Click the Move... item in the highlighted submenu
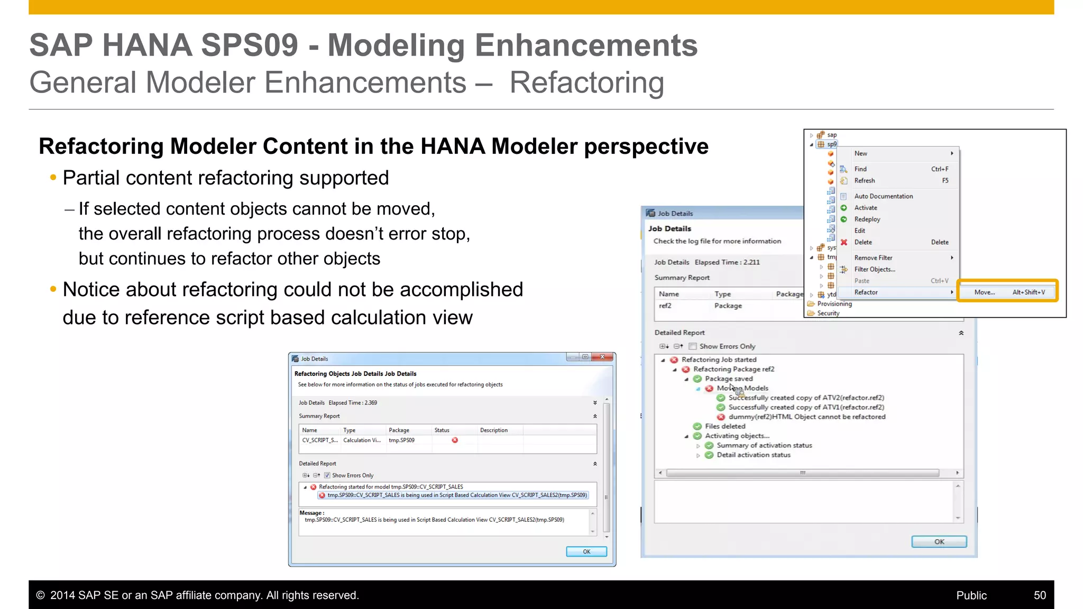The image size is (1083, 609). point(984,292)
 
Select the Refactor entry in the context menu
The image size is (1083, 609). point(866,292)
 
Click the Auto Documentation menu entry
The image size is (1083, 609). point(883,196)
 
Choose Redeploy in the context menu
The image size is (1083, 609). point(867,219)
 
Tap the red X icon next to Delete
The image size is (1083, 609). point(844,242)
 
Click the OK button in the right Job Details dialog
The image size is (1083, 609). point(939,542)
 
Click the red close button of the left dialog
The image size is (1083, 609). point(602,357)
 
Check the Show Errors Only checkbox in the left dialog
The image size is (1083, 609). point(327,475)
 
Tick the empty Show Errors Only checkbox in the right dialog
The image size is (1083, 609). point(692,346)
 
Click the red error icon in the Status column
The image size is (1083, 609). point(455,440)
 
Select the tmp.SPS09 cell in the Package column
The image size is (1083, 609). point(401,440)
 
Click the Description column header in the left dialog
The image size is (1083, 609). point(493,430)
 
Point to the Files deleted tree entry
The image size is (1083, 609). point(724,426)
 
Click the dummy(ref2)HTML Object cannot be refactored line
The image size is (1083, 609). point(806,417)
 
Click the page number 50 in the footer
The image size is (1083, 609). point(1040,595)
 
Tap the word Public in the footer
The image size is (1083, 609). point(971,595)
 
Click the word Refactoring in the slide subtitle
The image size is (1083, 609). point(586,83)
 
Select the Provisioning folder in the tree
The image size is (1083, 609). point(834,304)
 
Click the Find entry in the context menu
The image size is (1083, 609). point(860,169)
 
